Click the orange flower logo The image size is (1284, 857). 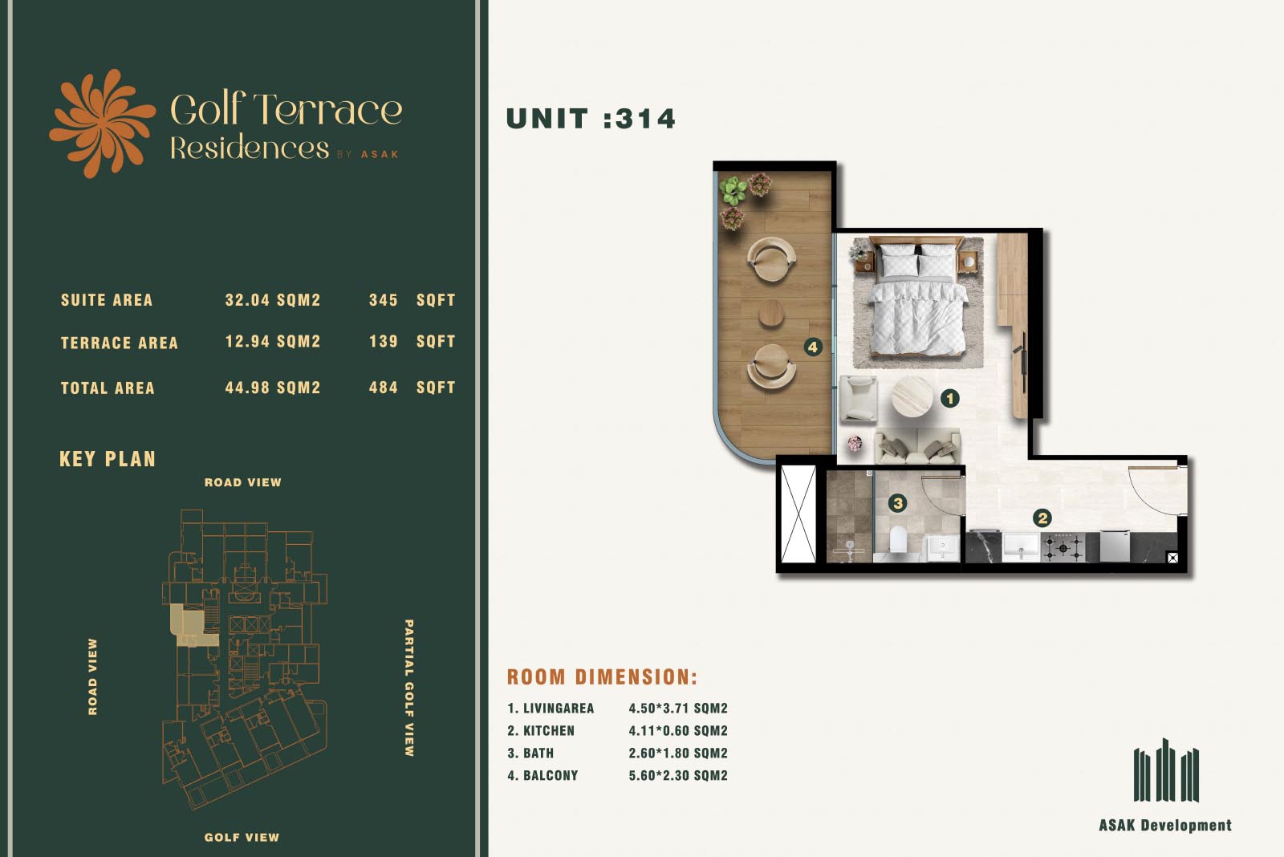pos(102,124)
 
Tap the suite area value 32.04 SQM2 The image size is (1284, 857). pos(272,300)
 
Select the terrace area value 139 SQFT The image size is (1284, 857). pos(412,342)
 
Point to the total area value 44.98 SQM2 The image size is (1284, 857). pos(272,388)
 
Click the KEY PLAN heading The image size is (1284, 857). pos(108,459)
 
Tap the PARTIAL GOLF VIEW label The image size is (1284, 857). pos(409,688)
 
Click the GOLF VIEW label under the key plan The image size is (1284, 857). pos(242,838)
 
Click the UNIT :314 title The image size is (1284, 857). pos(591,120)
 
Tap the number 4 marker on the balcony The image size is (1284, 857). pos(813,347)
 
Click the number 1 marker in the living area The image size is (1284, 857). pos(950,398)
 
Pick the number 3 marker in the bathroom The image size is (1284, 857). pos(898,503)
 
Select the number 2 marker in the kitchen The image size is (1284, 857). pos(1042,518)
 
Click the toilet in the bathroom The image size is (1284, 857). pos(898,541)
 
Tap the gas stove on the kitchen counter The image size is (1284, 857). pos(1063,547)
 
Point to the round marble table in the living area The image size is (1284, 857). pos(912,397)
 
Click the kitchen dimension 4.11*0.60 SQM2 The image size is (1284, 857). pos(678,731)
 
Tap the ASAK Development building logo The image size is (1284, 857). pos(1166,770)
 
